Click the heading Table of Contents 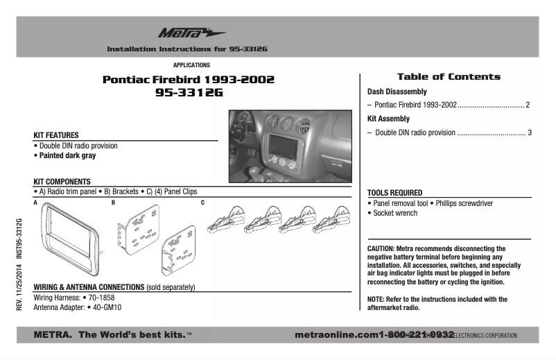448,77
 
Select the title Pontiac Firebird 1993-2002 189,80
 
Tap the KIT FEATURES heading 56,135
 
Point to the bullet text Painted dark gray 67,156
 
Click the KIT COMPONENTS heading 62,181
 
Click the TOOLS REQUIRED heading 394,193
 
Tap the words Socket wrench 394,214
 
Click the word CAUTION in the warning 381,248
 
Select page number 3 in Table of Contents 529,132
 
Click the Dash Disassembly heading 397,92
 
